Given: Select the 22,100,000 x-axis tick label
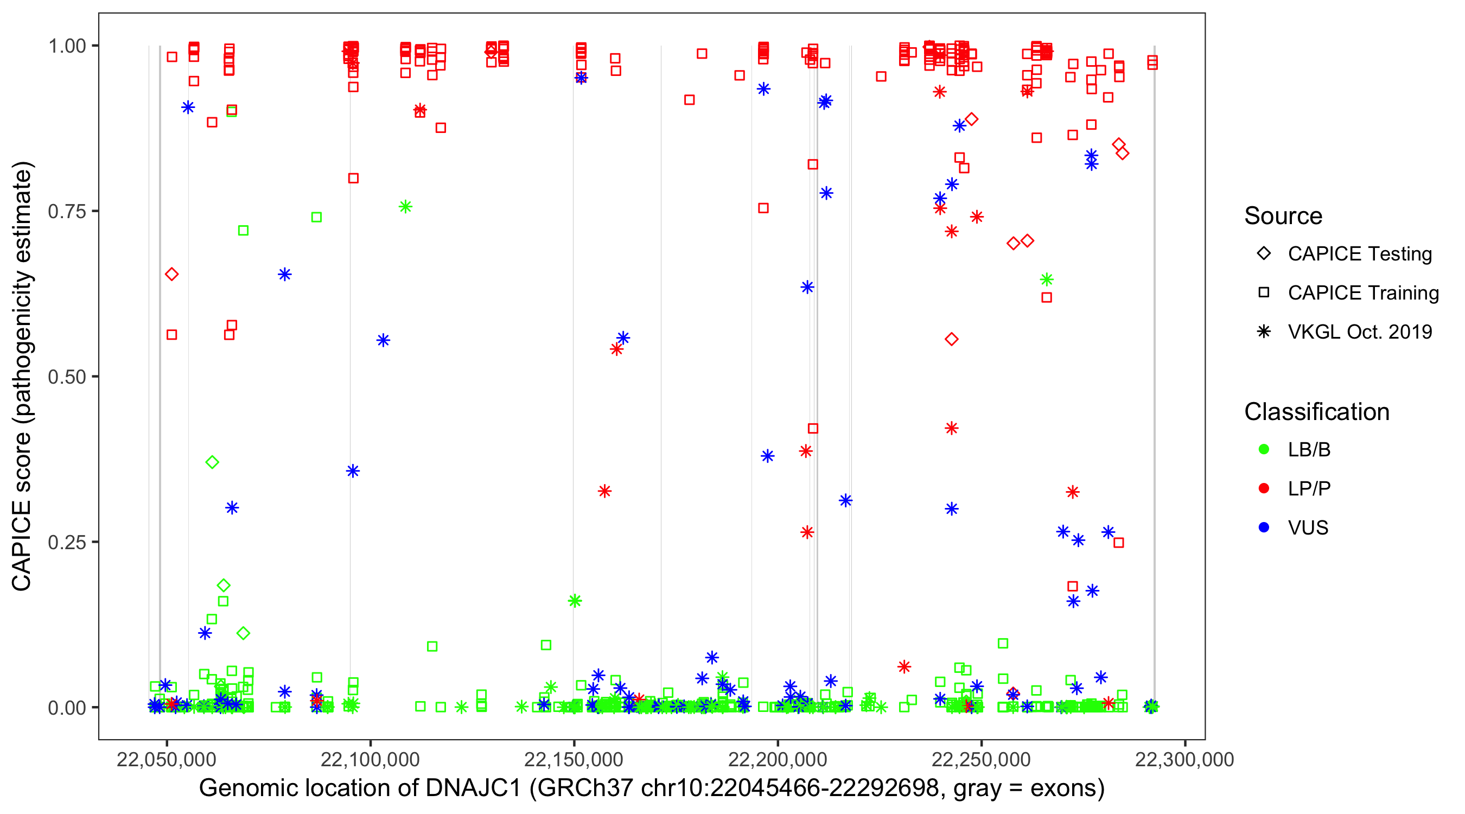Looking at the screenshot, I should (370, 759).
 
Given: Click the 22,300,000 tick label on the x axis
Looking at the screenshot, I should (1184, 759).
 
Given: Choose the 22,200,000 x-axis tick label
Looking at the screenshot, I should (778, 759).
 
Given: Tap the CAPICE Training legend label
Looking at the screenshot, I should (1363, 293).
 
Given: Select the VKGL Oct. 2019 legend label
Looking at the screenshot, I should (1360, 332).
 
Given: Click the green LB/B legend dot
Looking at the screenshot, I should (1264, 449).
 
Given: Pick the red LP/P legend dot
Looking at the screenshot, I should (1264, 488).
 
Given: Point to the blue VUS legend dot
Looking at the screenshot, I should (1264, 528).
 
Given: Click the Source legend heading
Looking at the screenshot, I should (1283, 216).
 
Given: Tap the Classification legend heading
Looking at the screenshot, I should (1316, 412).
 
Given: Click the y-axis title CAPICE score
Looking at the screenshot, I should (23, 376).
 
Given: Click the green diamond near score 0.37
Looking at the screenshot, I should (212, 462).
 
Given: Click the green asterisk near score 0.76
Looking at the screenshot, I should (405, 207).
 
